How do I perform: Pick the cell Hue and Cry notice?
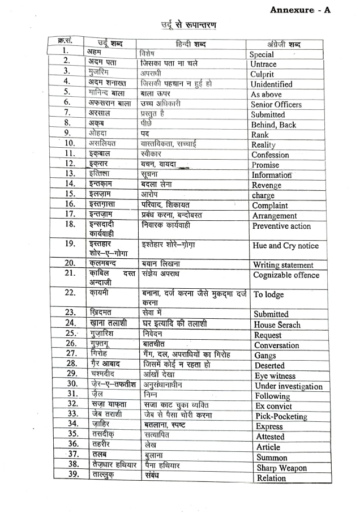click(x=285, y=246)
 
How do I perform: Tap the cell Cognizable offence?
click(x=286, y=275)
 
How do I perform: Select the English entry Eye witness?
click(x=275, y=376)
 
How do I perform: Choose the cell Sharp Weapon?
click(x=281, y=468)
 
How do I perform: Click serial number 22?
click(x=70, y=292)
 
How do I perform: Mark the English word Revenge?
click(x=267, y=185)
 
